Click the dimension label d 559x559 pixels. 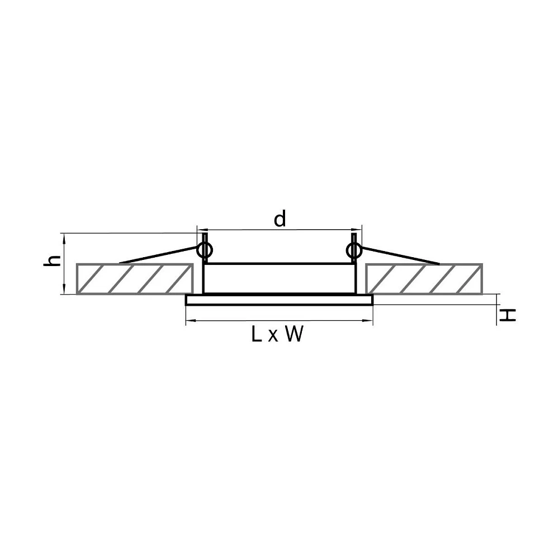point(280,219)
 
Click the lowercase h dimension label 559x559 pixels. point(51,261)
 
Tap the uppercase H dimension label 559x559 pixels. point(507,315)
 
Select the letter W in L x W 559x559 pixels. point(294,334)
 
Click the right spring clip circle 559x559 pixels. point(354,250)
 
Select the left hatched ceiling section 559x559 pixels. point(135,279)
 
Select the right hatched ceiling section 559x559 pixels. point(424,279)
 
